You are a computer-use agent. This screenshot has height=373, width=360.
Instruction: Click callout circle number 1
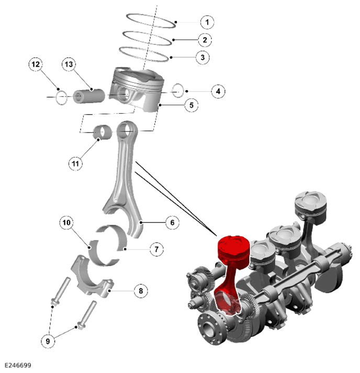(x=207, y=22)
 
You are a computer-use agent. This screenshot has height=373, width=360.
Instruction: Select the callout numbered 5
(x=192, y=105)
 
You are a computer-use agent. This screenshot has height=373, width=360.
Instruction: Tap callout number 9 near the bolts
(x=48, y=341)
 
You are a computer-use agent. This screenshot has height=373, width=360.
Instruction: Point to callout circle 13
(x=69, y=64)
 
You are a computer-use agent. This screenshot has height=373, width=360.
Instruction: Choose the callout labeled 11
(x=75, y=163)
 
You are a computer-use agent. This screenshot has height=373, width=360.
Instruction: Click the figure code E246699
(x=18, y=365)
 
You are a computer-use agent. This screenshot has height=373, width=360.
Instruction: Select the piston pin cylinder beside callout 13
(x=89, y=96)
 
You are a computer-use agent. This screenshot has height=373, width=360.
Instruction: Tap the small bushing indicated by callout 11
(x=103, y=131)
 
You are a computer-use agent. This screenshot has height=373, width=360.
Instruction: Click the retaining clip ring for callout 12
(x=61, y=97)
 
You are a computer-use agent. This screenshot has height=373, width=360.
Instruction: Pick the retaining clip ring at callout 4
(x=178, y=91)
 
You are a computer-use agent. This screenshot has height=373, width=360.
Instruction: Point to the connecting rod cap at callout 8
(x=92, y=277)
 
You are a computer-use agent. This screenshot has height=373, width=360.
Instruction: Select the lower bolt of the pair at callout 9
(x=86, y=315)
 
